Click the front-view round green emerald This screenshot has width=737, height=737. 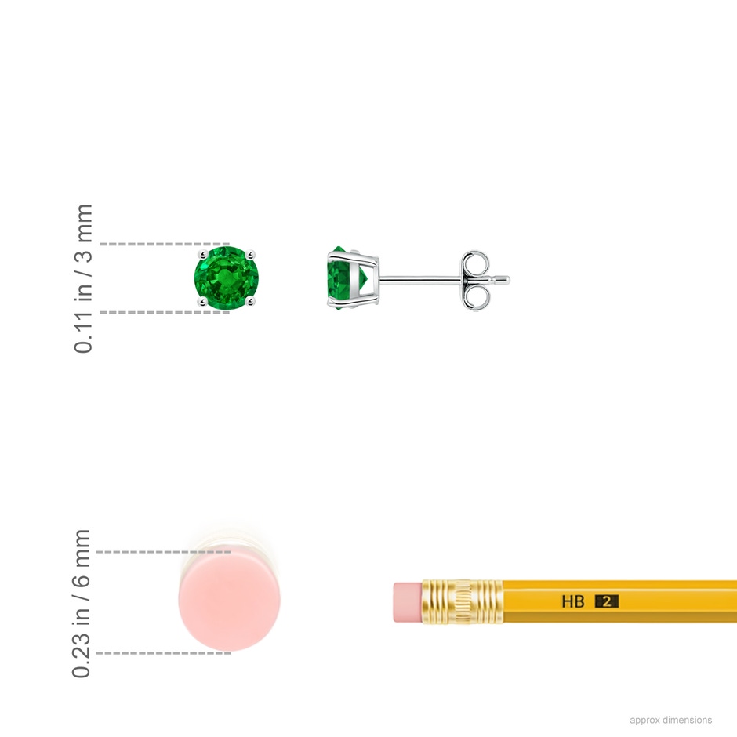(226, 278)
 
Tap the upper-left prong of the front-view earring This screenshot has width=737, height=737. (203, 255)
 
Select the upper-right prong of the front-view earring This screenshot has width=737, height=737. (251, 255)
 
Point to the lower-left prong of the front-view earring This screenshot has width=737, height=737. (202, 301)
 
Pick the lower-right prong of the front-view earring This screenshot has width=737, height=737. (251, 301)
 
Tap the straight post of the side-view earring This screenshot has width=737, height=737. (421, 281)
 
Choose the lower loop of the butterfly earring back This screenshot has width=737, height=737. (475, 297)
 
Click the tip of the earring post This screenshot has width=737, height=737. (509, 281)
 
